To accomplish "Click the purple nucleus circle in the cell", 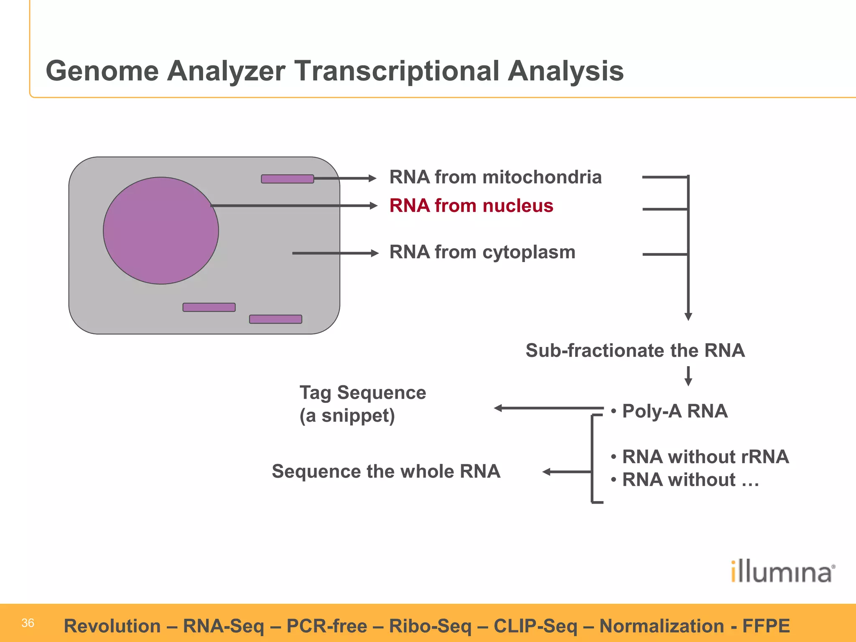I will click(x=161, y=231).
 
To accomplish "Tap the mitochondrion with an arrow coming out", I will click(x=288, y=179).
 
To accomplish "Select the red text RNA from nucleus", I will click(x=471, y=206).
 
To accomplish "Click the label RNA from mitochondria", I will click(x=495, y=177).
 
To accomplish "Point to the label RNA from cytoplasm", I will click(x=482, y=252).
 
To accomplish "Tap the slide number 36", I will click(x=28, y=623).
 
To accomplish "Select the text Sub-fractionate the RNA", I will click(x=635, y=350).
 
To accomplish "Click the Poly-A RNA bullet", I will click(x=674, y=411).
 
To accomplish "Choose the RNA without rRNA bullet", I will click(x=705, y=456).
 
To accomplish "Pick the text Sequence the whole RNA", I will click(x=386, y=471).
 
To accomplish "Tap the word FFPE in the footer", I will click(x=766, y=626).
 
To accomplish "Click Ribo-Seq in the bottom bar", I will click(x=430, y=626).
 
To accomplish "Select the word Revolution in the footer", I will click(x=112, y=626).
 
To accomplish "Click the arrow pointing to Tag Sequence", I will click(x=548, y=408).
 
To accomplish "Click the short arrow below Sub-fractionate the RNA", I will click(x=688, y=376).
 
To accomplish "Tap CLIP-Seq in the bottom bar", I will click(x=535, y=626).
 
